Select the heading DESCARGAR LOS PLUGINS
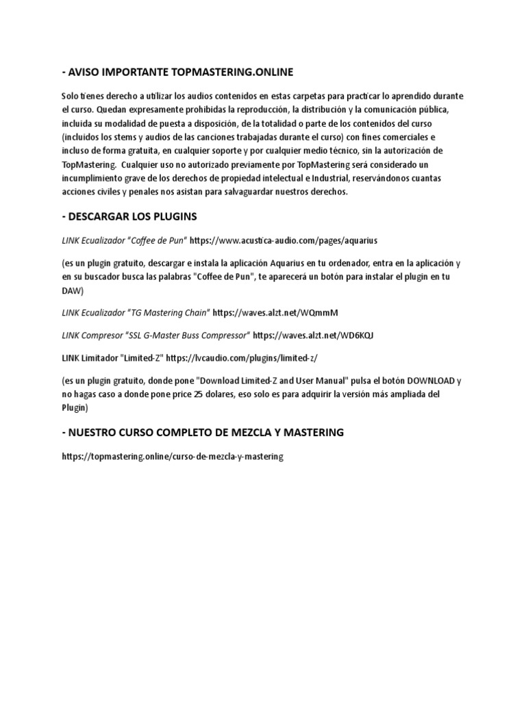(129, 216)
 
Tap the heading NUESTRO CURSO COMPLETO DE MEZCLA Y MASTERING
(202, 433)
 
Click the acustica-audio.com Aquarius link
(283, 241)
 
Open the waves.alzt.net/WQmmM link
(275, 313)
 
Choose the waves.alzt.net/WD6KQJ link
(313, 335)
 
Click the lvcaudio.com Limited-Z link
(242, 357)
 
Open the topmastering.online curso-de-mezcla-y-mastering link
(172, 456)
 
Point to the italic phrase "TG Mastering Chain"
(166, 313)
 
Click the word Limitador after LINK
(101, 357)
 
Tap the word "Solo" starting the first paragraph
(71, 95)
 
